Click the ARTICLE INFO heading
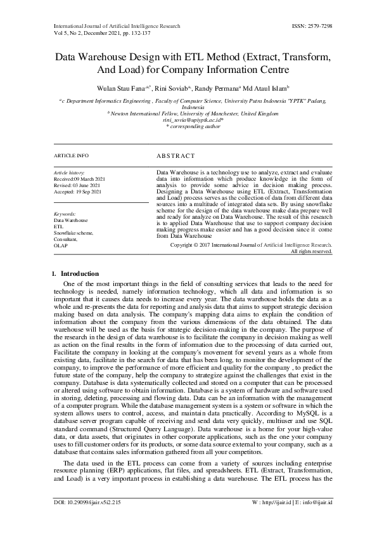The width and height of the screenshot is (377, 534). click(72, 155)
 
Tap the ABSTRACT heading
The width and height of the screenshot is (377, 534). click(175, 155)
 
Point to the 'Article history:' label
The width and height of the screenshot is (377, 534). click(67, 173)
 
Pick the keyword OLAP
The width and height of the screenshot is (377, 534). click(60, 245)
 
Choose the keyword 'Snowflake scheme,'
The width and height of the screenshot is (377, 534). click(73, 233)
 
